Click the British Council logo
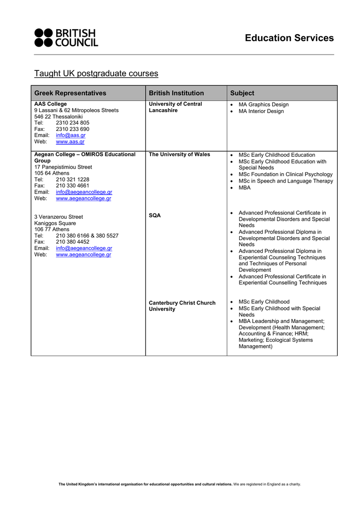[66, 38]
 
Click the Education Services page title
[289, 38]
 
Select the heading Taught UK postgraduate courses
[96, 73]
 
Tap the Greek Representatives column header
[70, 93]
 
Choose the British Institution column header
[176, 93]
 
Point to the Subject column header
[242, 93]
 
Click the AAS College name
[50, 104]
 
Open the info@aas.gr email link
[71, 135]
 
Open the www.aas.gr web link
[70, 142]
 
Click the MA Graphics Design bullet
[263, 105]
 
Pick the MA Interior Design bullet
[261, 111]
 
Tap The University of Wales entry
[179, 154]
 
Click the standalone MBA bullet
[244, 188]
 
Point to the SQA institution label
[155, 216]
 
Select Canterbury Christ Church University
[182, 306]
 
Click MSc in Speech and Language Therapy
[286, 181]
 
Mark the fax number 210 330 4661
[72, 186]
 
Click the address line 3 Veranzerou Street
[59, 217]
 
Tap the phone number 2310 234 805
[72, 123]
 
